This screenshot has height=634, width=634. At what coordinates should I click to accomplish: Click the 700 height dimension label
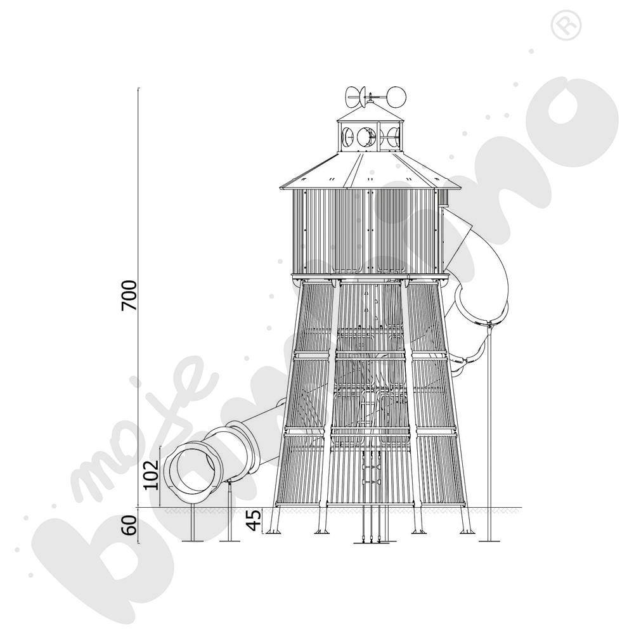tap(129, 295)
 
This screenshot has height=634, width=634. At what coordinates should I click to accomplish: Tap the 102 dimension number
tap(152, 475)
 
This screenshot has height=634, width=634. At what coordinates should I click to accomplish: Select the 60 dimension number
tap(129, 524)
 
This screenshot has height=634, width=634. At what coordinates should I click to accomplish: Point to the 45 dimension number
tap(254, 520)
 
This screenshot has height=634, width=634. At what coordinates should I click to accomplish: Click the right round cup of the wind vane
tap(396, 96)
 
